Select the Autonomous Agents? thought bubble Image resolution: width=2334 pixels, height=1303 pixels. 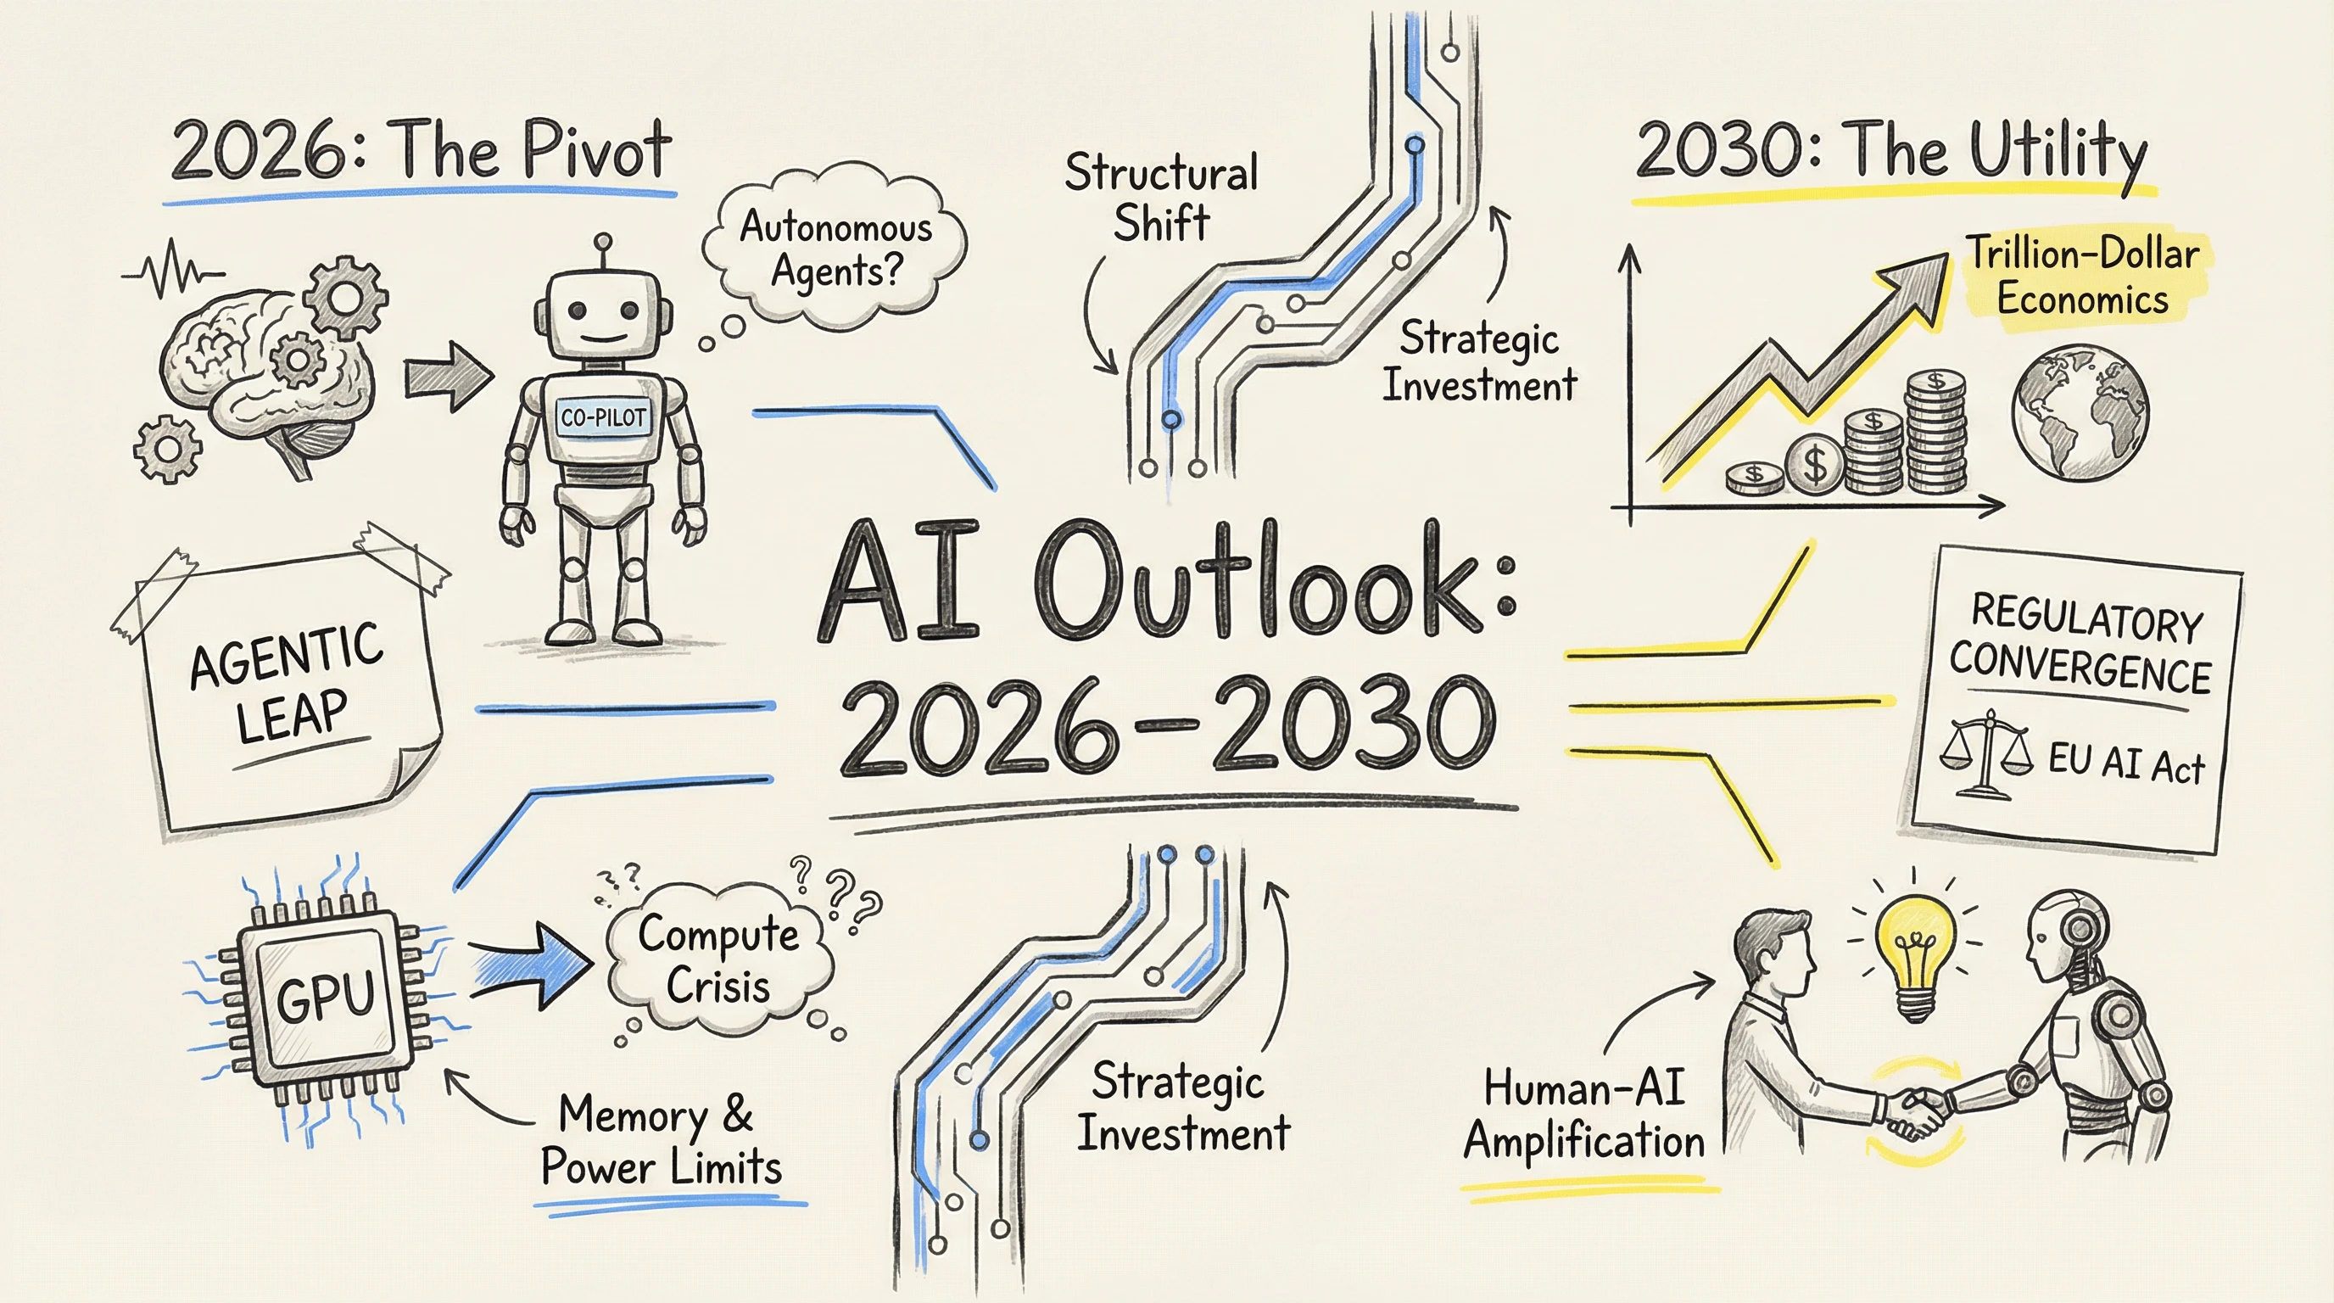[x=835, y=247]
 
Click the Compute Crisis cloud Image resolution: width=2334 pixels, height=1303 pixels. [x=719, y=962]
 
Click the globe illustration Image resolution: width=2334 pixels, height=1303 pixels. [x=2080, y=412]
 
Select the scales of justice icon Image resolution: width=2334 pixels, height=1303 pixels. [x=1985, y=754]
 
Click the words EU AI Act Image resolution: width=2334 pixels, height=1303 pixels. [x=2125, y=763]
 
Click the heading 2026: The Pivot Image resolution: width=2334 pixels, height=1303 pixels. [x=422, y=149]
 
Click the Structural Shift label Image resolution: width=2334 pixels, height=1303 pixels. [x=1162, y=198]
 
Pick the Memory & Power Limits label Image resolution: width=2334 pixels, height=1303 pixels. [x=661, y=1140]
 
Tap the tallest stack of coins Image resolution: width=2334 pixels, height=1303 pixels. [x=1936, y=430]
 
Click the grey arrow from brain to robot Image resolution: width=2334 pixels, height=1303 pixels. [x=447, y=377]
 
